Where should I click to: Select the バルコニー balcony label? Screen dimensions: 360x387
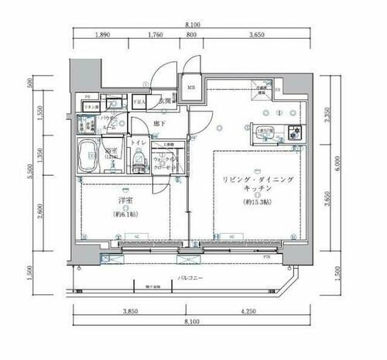[189, 276]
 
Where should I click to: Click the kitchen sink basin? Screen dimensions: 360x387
[263, 134]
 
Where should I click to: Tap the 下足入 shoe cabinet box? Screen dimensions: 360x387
[139, 101]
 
